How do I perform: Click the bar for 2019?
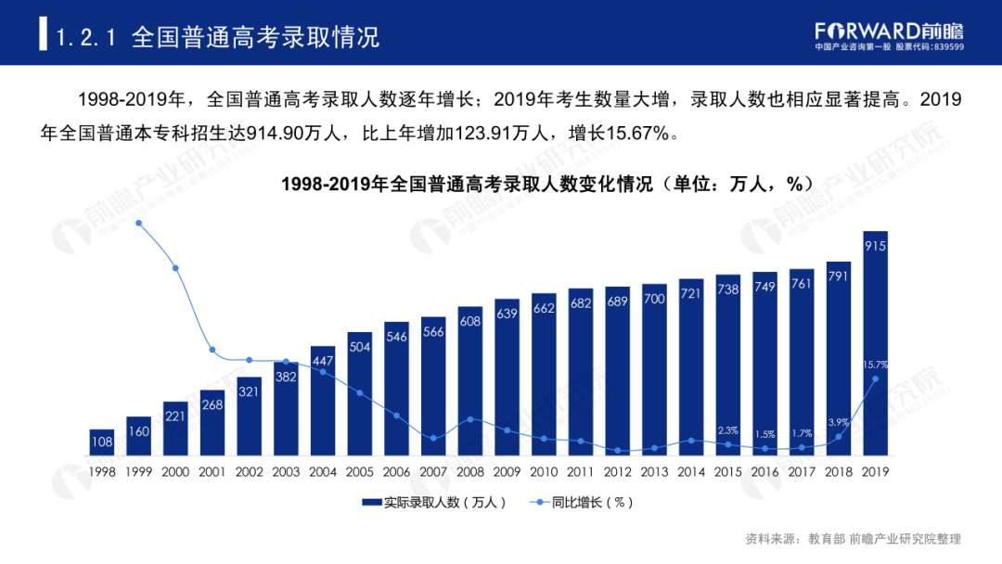[x=875, y=343]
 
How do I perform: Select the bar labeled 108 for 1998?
[x=102, y=442]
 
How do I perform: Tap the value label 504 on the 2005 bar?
[x=359, y=346]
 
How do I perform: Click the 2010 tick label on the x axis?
[x=544, y=471]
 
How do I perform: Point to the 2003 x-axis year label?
[x=286, y=471]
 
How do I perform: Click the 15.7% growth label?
[x=875, y=364]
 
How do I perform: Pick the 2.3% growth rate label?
[x=727, y=429]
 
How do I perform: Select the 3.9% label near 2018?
[x=838, y=422]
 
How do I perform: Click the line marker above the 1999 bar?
[x=138, y=223]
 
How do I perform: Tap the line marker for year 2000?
[x=175, y=268]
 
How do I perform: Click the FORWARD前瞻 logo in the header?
[x=888, y=30]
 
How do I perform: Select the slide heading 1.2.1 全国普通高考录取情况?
[x=218, y=38]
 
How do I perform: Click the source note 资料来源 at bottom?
[x=853, y=539]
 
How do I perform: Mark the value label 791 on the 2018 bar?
[x=838, y=276]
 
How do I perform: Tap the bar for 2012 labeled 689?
[x=617, y=371]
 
